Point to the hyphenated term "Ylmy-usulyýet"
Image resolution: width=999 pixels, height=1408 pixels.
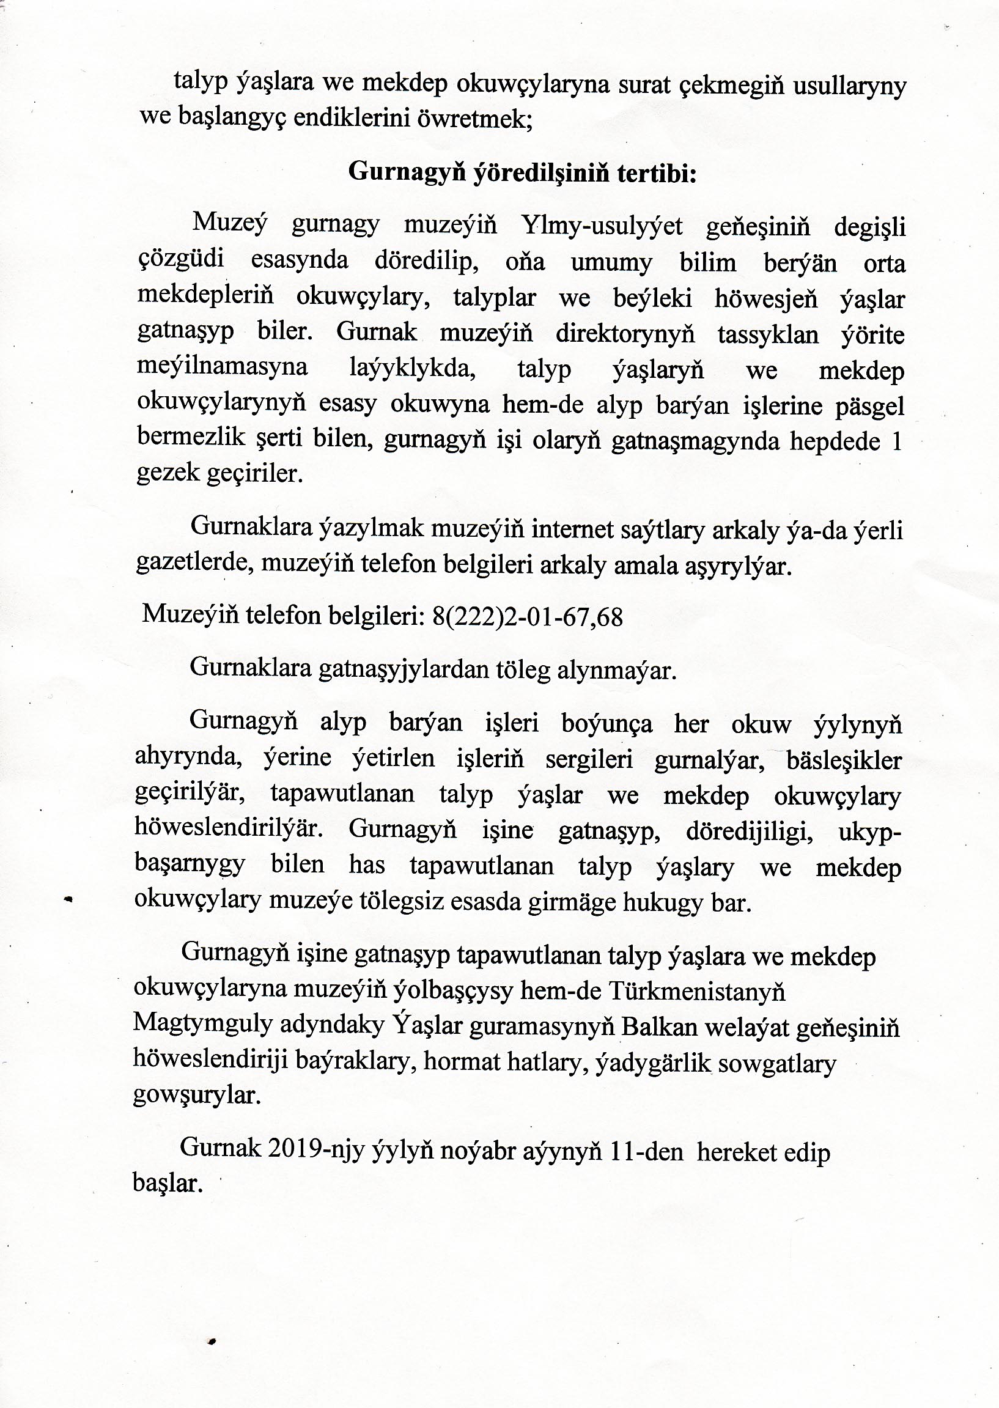click(x=602, y=227)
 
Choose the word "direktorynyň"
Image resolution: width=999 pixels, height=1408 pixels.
click(x=625, y=335)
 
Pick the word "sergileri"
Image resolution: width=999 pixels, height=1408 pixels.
click(x=589, y=761)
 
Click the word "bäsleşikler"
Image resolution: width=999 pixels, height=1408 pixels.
click(x=843, y=761)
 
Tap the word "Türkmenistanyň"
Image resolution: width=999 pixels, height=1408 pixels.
click(x=698, y=992)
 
